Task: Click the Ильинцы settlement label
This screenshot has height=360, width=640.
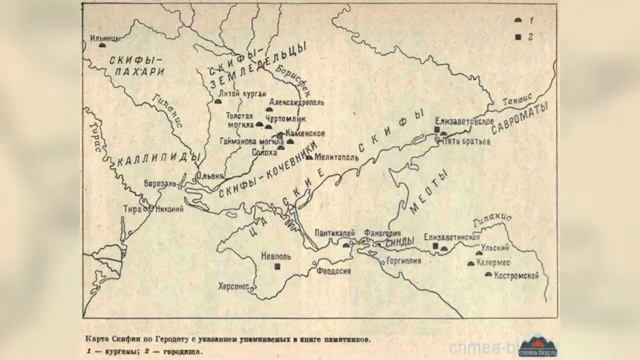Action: (x=102, y=39)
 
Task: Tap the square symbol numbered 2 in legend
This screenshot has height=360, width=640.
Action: (x=517, y=35)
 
